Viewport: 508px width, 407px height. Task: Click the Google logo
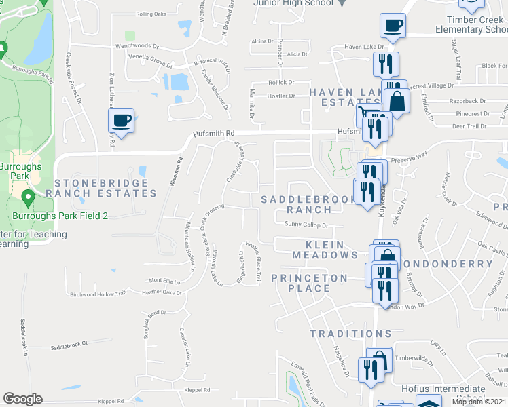point(22,399)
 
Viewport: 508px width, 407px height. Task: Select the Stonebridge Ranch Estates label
point(105,188)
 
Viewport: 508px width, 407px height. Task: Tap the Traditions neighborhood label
point(351,334)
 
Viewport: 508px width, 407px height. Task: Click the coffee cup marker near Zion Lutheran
point(122,121)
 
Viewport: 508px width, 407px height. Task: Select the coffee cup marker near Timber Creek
point(393,26)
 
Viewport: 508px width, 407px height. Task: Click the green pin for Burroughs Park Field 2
point(28,198)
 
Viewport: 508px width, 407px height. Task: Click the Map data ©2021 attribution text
point(478,402)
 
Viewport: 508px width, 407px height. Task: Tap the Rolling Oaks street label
point(151,14)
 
